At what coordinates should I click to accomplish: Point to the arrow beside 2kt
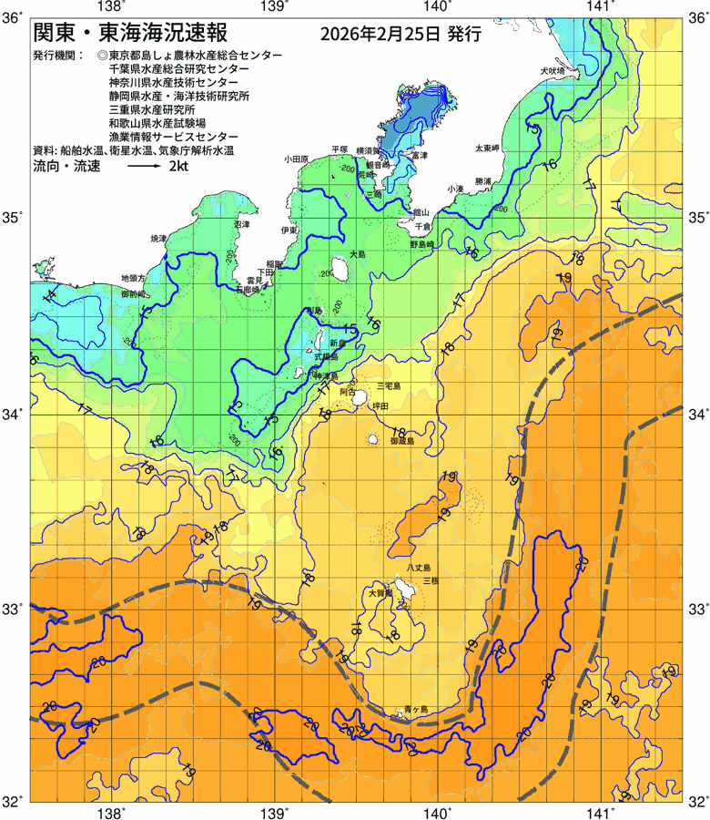tap(142, 168)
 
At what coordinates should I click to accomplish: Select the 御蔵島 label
tap(401, 440)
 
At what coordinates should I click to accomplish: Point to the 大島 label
tap(357, 254)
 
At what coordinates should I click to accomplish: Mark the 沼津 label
tap(242, 223)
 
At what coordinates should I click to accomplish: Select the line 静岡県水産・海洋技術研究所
tap(178, 95)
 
